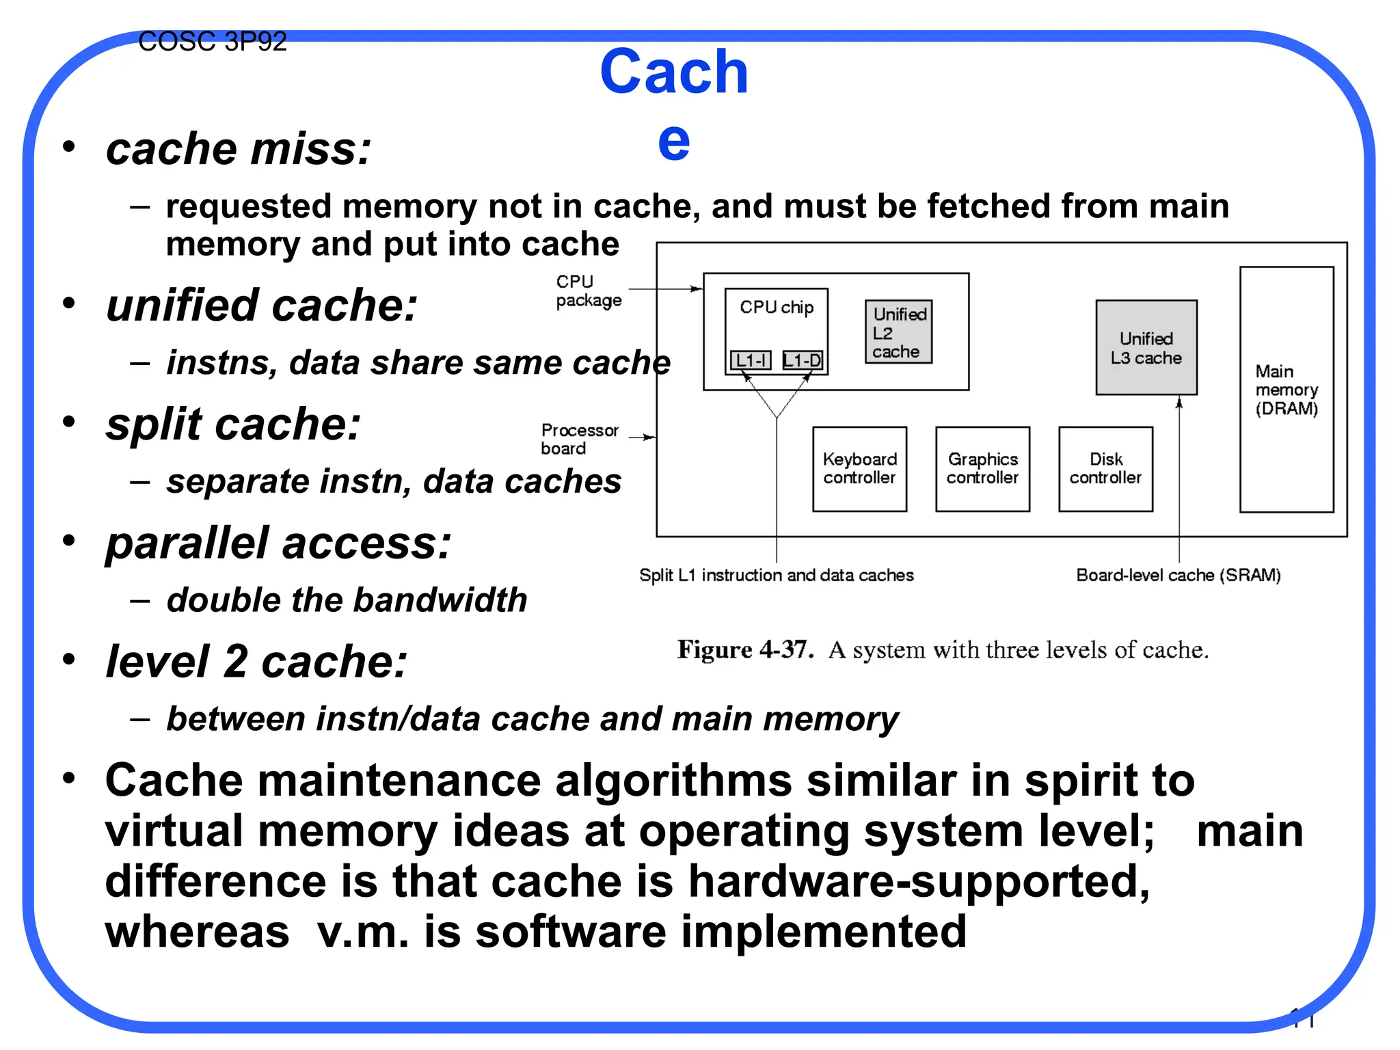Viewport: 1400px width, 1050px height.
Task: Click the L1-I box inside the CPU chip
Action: tap(751, 360)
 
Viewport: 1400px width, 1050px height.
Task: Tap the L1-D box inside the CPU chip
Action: tap(803, 360)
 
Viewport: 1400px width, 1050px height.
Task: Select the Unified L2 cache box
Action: tap(898, 332)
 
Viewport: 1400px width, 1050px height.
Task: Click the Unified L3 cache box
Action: tap(1146, 347)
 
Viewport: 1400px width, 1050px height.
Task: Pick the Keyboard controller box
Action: tap(859, 469)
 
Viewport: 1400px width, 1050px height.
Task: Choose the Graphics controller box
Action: tap(982, 469)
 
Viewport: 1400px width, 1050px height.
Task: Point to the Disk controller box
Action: tap(1105, 469)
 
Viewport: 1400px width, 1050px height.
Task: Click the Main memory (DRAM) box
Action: tap(1286, 390)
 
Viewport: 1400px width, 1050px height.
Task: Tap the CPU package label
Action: tap(588, 291)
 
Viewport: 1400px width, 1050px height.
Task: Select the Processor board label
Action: tap(579, 439)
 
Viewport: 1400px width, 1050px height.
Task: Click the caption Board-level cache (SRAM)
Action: tap(1178, 576)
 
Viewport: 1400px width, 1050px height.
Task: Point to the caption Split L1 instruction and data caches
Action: tap(776, 576)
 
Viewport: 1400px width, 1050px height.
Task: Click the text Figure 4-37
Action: tap(745, 649)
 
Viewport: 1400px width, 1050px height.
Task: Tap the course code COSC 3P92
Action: tap(212, 42)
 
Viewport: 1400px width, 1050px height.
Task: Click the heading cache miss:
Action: tap(239, 149)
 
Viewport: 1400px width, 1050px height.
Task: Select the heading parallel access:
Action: tap(278, 544)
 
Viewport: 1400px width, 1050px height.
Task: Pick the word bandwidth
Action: tap(440, 600)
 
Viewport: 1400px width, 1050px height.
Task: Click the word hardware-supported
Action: tap(919, 881)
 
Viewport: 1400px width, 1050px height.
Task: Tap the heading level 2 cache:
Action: tap(256, 662)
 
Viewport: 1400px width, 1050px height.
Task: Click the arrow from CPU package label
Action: tap(664, 289)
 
